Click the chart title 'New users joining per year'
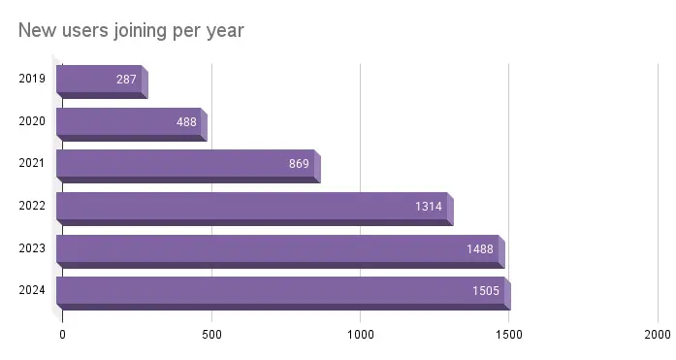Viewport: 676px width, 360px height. pos(131,31)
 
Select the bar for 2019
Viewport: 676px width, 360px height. pos(99,79)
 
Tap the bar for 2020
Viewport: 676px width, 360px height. pos(128,121)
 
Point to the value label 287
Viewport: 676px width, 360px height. pos(126,79)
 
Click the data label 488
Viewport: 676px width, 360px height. pos(186,121)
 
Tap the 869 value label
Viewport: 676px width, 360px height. pos(299,163)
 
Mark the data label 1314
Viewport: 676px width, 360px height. pos(429,206)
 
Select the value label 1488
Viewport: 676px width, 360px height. pos(479,248)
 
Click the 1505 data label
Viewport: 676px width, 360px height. pos(485,290)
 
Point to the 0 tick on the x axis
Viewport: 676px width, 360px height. pos(63,335)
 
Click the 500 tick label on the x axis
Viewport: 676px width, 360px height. pos(211,335)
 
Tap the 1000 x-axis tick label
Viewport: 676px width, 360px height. pos(360,335)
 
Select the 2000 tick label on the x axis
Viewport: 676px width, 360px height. pos(657,335)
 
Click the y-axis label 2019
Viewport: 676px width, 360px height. pos(31,79)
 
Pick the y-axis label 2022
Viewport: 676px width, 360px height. pos(31,206)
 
